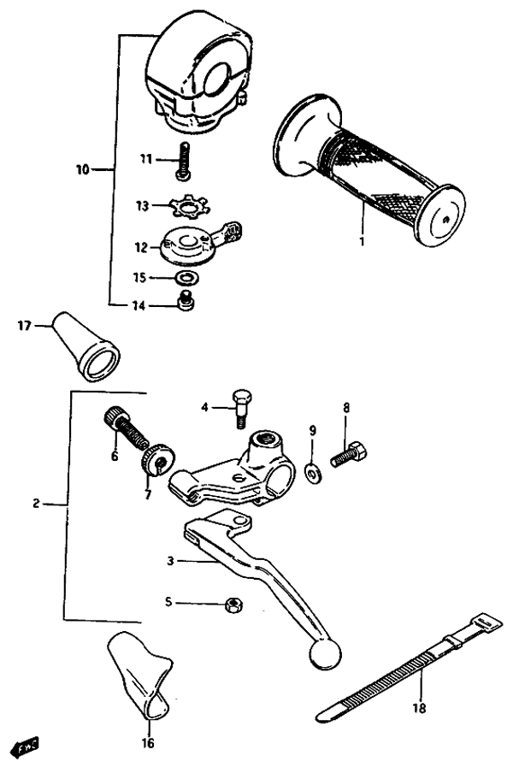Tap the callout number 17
(x=24, y=325)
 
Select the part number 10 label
(x=81, y=170)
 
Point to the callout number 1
(x=362, y=241)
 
